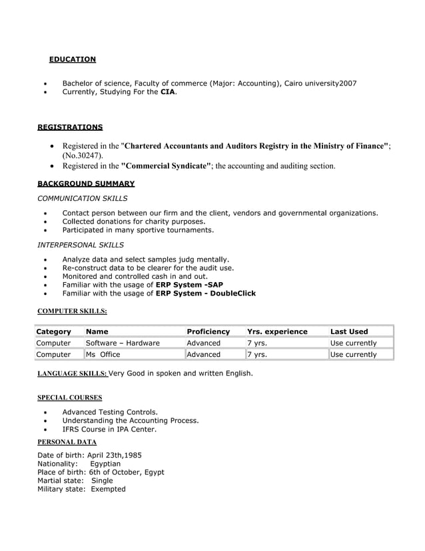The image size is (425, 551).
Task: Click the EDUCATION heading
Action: click(72, 59)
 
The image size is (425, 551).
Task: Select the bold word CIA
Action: click(168, 92)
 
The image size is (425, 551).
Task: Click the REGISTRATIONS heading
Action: click(70, 127)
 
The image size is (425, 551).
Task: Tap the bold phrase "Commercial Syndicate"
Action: click(167, 165)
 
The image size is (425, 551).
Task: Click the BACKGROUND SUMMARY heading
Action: click(86, 183)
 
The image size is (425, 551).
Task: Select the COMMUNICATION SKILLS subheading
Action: click(83, 198)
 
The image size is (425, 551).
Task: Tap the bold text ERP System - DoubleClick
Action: click(205, 293)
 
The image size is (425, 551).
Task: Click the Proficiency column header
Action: click(209, 332)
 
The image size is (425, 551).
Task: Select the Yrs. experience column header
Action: click(277, 332)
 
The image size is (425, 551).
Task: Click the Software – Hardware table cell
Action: click(123, 343)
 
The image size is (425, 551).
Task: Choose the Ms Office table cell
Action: click(103, 354)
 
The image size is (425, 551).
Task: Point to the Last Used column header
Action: click(349, 332)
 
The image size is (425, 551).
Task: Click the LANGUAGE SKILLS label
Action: click(71, 374)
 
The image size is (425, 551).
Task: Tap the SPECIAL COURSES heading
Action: click(69, 398)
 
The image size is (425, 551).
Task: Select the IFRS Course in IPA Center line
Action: click(109, 430)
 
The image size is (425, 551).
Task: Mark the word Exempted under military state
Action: click(108, 489)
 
